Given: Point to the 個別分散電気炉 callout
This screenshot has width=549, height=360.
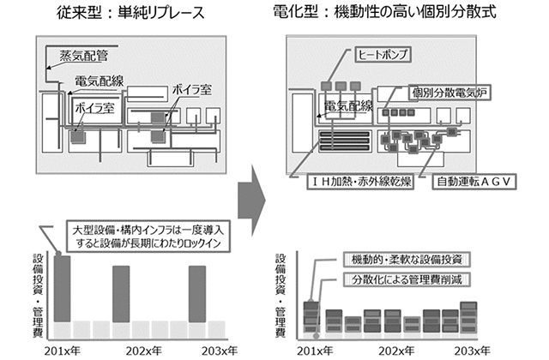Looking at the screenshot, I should [x=449, y=92].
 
